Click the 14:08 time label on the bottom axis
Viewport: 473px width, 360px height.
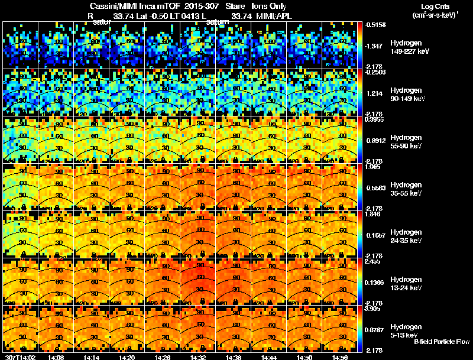pos(56,357)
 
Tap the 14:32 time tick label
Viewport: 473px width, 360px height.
pos(197,357)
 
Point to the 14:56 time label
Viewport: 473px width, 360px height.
pos(339,357)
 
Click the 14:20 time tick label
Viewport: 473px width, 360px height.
pos(127,357)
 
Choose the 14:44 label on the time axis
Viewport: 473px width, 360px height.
pos(268,357)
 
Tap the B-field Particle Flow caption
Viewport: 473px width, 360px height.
pos(441,342)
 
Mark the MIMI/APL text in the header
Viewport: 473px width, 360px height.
pos(274,16)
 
